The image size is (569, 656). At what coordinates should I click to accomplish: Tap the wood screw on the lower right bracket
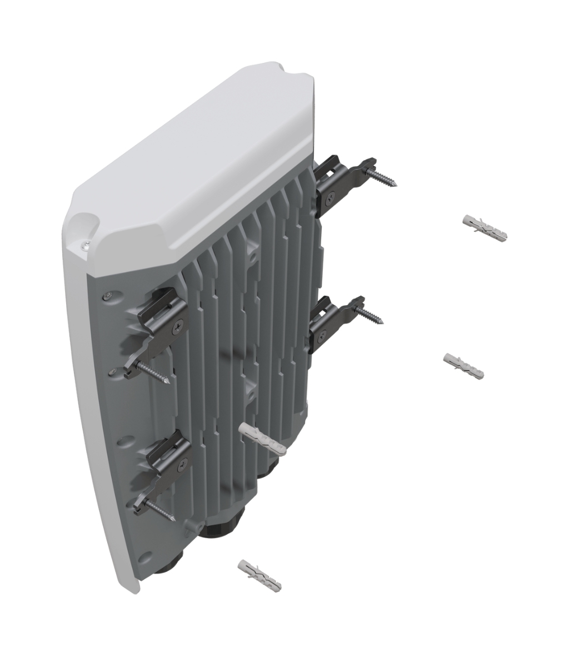click(369, 315)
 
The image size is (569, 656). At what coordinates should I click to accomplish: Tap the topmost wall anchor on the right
click(485, 230)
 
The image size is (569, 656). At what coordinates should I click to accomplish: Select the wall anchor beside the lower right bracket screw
click(463, 365)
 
